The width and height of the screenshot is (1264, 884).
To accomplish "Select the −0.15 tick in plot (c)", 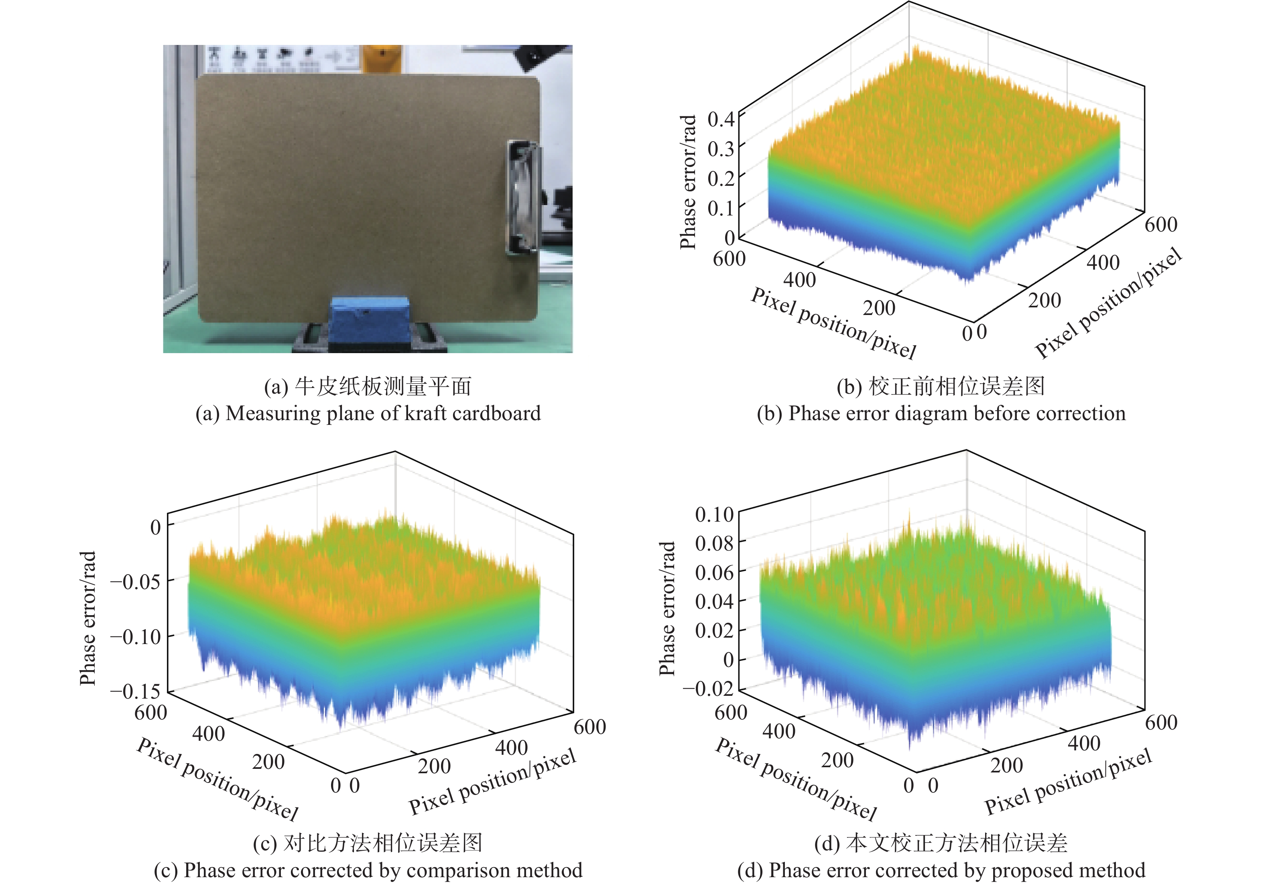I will (x=135, y=691).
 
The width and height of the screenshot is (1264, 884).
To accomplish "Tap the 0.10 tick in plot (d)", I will (x=714, y=515).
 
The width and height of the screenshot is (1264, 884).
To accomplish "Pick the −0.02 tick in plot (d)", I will (x=708, y=688).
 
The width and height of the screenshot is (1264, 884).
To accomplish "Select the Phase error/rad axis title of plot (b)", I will (x=688, y=182).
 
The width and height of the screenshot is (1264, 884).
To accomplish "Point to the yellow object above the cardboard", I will (x=380, y=57).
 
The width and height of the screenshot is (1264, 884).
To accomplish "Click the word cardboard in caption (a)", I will (x=497, y=413).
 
